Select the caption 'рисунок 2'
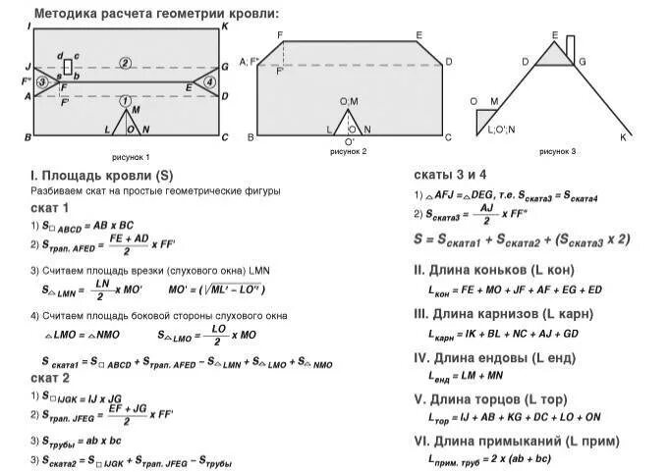click(349, 152)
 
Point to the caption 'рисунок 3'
click(557, 152)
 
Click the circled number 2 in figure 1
click(125, 64)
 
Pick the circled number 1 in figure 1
click(124, 101)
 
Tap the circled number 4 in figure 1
click(208, 81)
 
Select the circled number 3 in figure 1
click(42, 82)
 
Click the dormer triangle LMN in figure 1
click(126, 123)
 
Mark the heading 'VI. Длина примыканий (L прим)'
click(514, 439)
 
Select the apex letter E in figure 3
click(555, 35)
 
